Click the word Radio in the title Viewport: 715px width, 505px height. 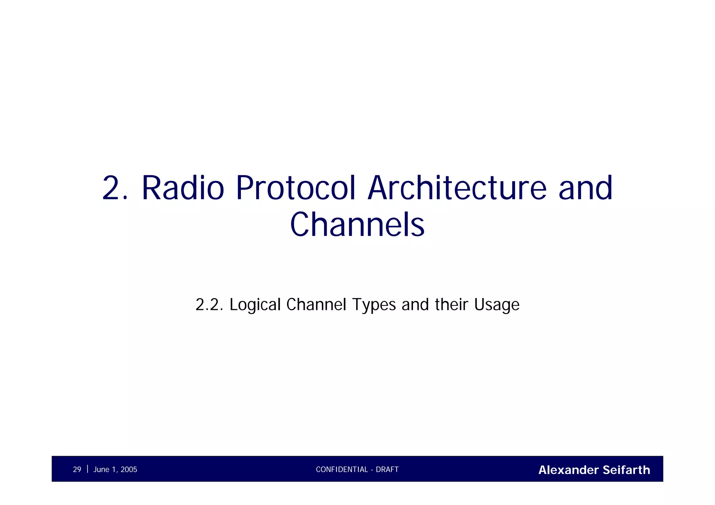point(183,188)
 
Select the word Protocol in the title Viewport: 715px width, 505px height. point(295,188)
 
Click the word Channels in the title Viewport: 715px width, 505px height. point(357,225)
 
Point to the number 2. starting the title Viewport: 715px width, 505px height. point(116,188)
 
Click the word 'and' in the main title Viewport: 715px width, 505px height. point(585,188)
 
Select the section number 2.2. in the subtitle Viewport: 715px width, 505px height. point(209,305)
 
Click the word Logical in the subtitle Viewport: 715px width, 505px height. point(255,305)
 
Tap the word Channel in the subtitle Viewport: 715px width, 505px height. point(316,305)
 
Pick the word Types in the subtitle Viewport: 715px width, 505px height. point(374,305)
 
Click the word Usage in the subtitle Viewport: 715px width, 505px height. point(497,305)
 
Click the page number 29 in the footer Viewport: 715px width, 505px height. point(77,470)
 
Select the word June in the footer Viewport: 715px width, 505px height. point(101,470)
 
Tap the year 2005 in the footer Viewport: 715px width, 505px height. point(129,470)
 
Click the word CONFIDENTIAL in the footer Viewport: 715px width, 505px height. point(342,470)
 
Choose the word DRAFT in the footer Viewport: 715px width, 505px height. point(387,470)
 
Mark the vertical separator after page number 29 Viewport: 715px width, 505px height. point(87,469)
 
